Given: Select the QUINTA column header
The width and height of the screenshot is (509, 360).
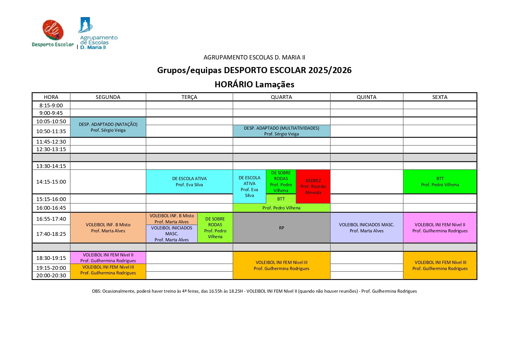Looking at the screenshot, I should click(366, 97).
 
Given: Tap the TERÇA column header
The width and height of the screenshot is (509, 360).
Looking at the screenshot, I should click(189, 97).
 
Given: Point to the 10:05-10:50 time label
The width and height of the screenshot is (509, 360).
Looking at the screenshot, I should click(51, 121).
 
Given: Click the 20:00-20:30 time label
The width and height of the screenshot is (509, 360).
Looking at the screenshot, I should click(51, 275).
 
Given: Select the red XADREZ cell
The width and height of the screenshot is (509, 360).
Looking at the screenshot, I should click(313, 186).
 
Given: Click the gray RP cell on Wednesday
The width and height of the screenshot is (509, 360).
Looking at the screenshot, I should click(281, 228).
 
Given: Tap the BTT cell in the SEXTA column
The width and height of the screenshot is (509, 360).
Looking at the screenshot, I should click(440, 182).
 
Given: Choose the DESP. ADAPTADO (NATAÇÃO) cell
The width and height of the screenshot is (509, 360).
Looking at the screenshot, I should click(108, 127).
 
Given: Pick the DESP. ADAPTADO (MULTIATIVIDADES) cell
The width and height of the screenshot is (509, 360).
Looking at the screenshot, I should click(281, 131).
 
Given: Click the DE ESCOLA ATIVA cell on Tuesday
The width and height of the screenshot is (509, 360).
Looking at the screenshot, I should click(189, 182).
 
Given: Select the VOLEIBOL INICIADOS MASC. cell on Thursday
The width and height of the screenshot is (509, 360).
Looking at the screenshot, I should click(366, 228).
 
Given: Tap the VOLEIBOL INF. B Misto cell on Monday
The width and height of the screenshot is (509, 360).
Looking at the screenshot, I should click(108, 228).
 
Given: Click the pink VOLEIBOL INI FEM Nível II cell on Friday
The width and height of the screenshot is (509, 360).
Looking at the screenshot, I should click(440, 228).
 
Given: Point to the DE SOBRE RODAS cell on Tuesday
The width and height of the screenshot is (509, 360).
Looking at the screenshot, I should click(215, 228).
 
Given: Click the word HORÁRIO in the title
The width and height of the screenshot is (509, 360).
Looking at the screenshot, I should click(233, 84).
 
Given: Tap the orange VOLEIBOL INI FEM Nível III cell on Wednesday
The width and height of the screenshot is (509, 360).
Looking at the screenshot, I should click(281, 265).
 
